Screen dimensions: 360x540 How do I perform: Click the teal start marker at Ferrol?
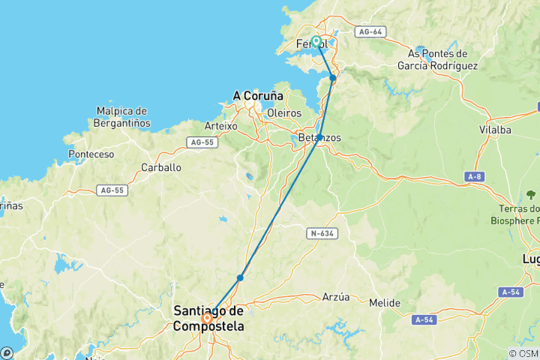coord(316,42)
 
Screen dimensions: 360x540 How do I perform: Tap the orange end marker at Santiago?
coord(206,317)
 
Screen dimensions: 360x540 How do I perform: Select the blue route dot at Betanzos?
coord(319,137)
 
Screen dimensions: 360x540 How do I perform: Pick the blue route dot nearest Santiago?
coord(240,277)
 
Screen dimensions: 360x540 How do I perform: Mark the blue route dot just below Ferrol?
coord(333,77)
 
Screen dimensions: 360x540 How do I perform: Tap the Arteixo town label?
coord(221,126)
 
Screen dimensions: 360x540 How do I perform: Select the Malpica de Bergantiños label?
coord(124,117)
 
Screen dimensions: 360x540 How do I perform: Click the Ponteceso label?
coord(91,154)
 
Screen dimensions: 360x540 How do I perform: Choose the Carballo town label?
coord(161,167)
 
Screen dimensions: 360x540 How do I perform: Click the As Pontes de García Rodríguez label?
coord(438,59)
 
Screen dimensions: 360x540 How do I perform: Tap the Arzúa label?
coord(335,297)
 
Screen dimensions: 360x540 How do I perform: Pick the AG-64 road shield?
coord(371,32)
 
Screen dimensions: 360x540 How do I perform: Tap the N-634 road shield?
coord(321,234)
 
